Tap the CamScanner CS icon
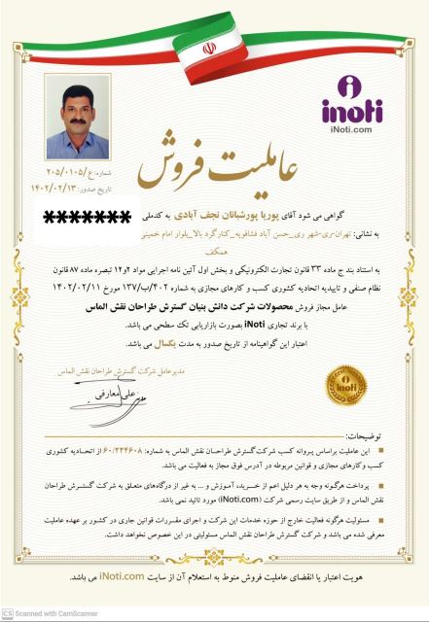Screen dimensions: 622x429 [8, 613]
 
